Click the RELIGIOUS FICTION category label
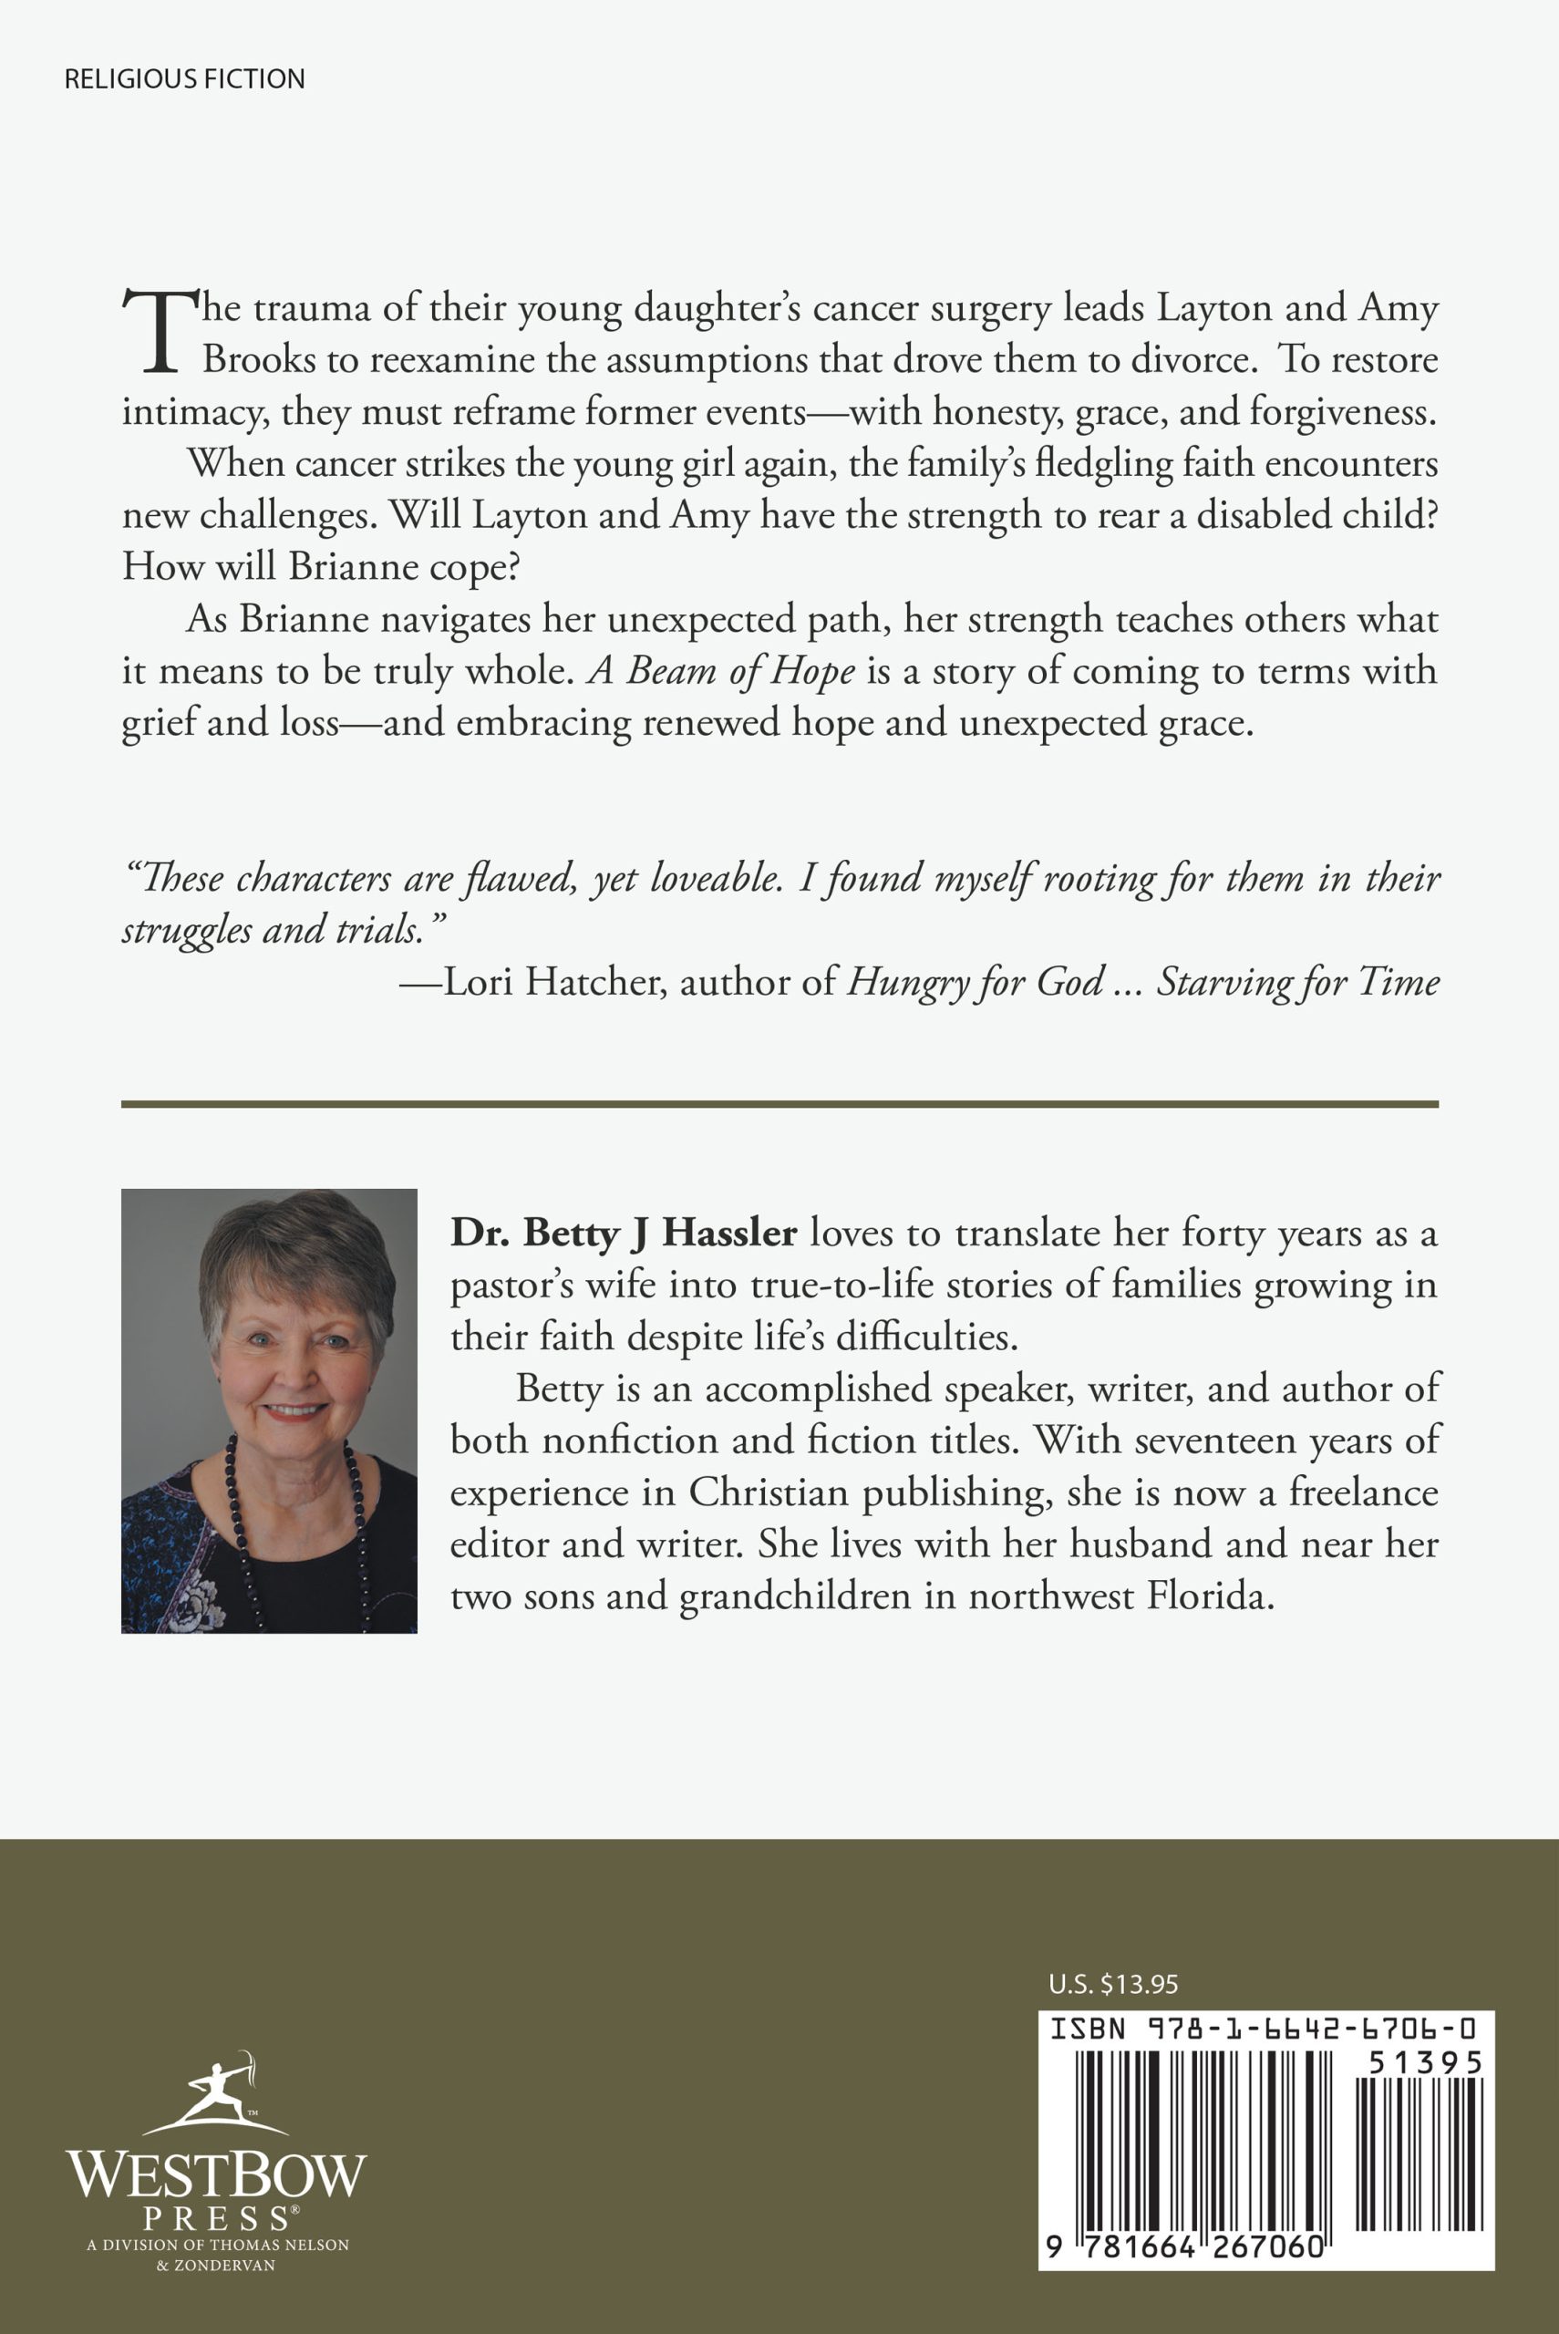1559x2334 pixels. pyautogui.click(x=184, y=78)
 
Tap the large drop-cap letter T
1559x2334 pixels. pyautogui.click(x=159, y=332)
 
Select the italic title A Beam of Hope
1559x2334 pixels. pyautogui.click(x=722, y=671)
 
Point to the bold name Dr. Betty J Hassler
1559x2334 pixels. pyautogui.click(x=624, y=1233)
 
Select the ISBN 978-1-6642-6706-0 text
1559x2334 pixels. pyautogui.click(x=1263, y=2028)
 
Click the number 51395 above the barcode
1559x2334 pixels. pyautogui.click(x=1425, y=2063)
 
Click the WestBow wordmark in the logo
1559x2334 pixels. pyautogui.click(x=216, y=2175)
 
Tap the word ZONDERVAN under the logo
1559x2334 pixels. pyautogui.click(x=223, y=2266)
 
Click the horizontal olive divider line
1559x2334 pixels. pyautogui.click(x=779, y=1103)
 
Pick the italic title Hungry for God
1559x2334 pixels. pyautogui.click(x=975, y=982)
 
